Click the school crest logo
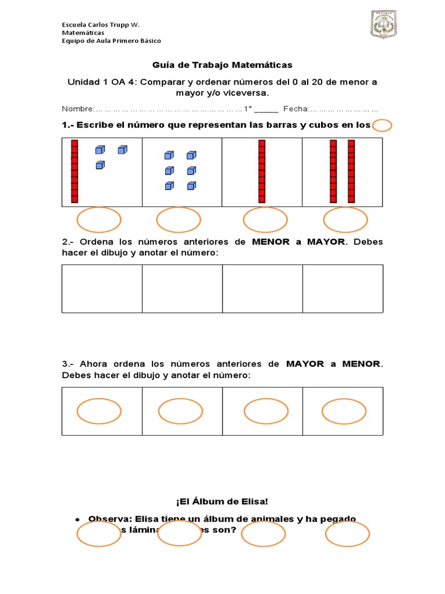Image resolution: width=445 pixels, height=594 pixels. pos(383,25)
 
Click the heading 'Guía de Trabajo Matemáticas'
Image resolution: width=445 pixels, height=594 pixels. pos(222,64)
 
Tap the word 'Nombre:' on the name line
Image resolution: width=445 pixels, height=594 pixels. pos(78,109)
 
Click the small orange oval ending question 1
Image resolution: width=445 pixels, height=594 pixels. pos(382,125)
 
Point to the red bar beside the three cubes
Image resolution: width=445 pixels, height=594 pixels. pos(74,172)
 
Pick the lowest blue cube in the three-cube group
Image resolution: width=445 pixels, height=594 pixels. pos(100,165)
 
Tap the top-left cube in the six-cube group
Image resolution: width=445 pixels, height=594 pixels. pos(169,155)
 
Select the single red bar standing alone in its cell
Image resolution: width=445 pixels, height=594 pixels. pos(262,172)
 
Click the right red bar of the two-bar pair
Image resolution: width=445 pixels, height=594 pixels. pos(351,172)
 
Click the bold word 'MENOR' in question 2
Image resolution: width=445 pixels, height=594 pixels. pos(271,242)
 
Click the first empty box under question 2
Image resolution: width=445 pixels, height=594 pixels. pos(102,289)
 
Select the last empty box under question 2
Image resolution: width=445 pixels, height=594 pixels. pos(342,289)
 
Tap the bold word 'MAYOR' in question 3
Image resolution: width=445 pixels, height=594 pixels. pos(305,364)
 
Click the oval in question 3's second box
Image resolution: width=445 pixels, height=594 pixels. pos(180,411)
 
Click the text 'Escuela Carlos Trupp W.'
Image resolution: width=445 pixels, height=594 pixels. pos(101,24)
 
